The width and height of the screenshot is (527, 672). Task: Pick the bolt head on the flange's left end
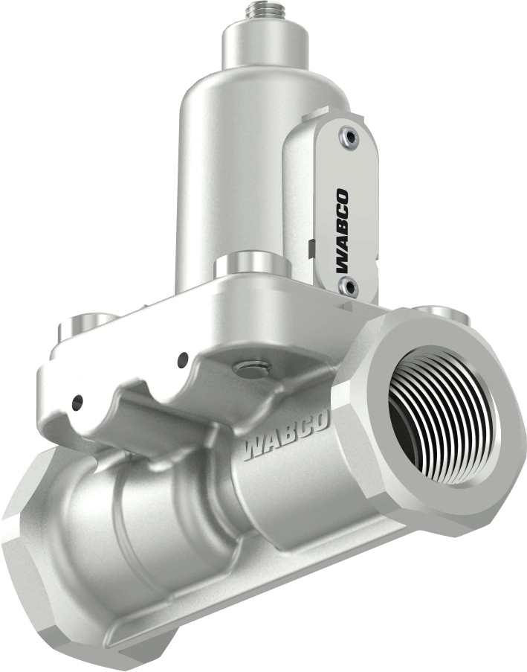(x=83, y=327)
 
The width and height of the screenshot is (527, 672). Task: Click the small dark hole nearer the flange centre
(x=181, y=361)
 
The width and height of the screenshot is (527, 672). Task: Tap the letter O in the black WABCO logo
(x=343, y=196)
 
